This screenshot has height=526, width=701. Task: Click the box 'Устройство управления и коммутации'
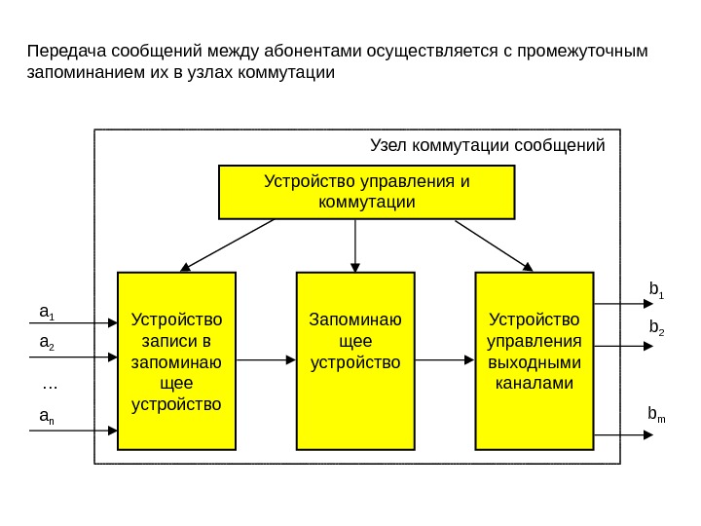pos(366,192)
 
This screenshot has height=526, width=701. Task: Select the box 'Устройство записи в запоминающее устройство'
pos(176,361)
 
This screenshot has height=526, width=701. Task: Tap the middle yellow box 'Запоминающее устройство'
pos(355,361)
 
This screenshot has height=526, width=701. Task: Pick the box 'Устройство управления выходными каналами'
pos(534,361)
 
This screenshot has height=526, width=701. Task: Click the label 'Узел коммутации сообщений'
pos(488,146)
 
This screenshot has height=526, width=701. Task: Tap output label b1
pos(656,289)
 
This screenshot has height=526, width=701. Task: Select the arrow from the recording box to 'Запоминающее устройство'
pos(266,361)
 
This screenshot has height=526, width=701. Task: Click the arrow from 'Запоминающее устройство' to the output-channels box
pos(444,361)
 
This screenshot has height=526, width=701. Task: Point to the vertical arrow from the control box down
pos(355,244)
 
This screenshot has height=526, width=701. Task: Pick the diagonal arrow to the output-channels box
pos(494,244)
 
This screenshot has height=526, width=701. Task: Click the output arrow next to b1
pos(616,304)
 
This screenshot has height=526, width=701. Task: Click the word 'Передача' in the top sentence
pos(67,51)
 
